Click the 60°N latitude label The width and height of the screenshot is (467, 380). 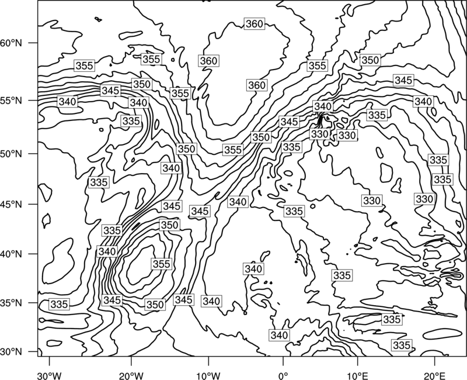point(11,43)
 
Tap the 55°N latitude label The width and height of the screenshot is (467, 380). point(11,101)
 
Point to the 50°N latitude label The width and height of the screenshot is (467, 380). point(11,154)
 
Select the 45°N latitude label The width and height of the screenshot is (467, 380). point(11,205)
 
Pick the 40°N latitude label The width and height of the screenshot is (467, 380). point(11,254)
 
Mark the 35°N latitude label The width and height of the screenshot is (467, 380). point(11,303)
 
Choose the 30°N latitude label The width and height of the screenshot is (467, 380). point(11,352)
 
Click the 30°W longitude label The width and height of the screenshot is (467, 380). point(49,375)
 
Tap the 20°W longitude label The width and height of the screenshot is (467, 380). point(131,375)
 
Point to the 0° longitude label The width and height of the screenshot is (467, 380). point(283,375)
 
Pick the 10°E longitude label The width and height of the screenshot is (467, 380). point(357,375)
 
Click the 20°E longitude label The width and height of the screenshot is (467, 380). point(434,375)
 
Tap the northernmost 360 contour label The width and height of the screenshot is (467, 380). point(255,23)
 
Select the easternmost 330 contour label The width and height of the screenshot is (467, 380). point(424,199)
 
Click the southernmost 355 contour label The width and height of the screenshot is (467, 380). point(161,264)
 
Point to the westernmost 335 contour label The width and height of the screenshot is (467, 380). point(60,304)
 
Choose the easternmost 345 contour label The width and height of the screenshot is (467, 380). point(403,80)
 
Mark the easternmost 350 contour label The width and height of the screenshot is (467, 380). point(370,60)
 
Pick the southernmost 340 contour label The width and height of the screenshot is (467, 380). point(280,335)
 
